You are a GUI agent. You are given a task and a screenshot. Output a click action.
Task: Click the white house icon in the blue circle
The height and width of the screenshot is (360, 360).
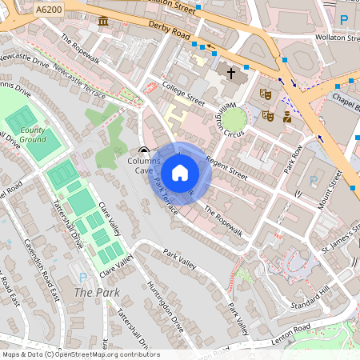click(180, 172)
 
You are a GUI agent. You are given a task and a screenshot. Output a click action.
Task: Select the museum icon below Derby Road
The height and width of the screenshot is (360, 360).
click(103, 18)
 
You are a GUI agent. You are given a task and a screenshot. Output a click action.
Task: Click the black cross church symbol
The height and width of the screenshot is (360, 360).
click(231, 73)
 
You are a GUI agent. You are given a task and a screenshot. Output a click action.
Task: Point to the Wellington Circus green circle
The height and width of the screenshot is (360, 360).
click(234, 120)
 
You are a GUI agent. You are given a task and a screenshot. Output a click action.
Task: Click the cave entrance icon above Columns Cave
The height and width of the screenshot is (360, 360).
click(143, 150)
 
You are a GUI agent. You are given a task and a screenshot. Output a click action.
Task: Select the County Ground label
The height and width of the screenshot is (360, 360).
click(33, 134)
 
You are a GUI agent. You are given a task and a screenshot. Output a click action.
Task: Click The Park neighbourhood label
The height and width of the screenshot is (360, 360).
click(90, 293)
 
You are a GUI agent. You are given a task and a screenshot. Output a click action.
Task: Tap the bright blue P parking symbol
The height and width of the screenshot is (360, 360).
click(344, 19)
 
